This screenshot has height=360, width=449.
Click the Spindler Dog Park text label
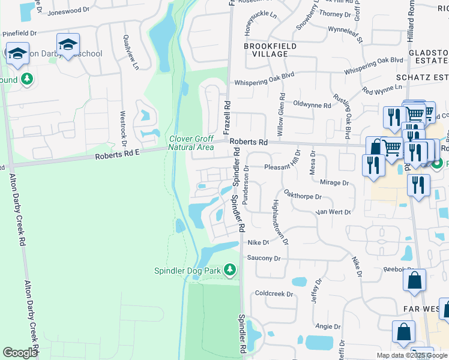[x=188, y=271]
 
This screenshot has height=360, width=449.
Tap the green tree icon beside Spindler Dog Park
[x=229, y=271]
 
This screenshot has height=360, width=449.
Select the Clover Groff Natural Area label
[x=191, y=143]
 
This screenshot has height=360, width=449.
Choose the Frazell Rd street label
[x=227, y=118]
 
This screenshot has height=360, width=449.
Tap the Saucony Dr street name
[x=264, y=258]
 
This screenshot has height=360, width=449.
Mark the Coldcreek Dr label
[x=273, y=294]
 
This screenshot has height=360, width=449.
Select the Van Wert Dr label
[x=333, y=212]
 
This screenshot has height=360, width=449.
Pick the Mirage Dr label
[x=334, y=182]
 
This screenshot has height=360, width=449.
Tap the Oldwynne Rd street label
[x=312, y=105]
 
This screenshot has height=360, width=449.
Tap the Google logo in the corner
[x=20, y=353]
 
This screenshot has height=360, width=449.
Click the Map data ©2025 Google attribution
[x=412, y=355]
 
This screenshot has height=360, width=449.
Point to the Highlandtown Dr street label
[x=280, y=222]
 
